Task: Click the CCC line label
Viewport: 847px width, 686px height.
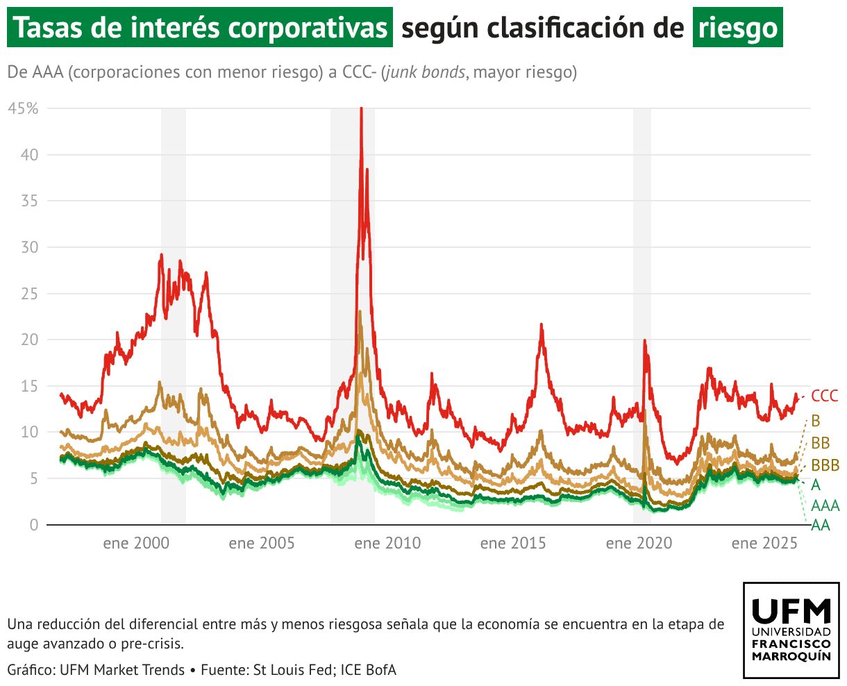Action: tap(825, 396)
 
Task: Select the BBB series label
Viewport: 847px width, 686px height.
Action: tap(825, 465)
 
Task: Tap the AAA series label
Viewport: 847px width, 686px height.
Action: tap(825, 505)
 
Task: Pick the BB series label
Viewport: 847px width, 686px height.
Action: tap(821, 443)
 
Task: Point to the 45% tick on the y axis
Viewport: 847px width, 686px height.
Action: tap(24, 108)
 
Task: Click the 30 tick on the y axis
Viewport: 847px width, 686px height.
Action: tap(29, 247)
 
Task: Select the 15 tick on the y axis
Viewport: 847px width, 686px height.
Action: tap(29, 386)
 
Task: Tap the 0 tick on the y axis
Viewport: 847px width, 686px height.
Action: tap(33, 525)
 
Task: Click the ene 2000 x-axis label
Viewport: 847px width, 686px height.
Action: tap(136, 544)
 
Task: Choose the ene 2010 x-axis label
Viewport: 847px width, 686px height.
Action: tap(387, 544)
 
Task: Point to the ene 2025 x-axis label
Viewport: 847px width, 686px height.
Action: tap(764, 544)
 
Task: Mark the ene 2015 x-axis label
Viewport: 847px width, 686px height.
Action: tap(513, 544)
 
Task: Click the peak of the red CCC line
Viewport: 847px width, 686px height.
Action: tap(361, 109)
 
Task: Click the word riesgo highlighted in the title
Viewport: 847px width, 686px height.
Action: tap(737, 28)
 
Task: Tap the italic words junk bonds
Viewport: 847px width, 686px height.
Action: tap(425, 72)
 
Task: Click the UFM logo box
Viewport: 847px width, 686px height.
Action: tap(791, 630)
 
